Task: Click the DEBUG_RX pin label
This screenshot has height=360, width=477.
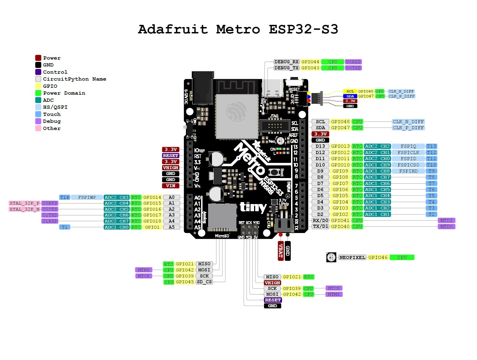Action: click(286, 62)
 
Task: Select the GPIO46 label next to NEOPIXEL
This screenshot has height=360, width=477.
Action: click(378, 257)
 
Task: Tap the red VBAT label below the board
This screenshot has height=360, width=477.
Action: click(281, 251)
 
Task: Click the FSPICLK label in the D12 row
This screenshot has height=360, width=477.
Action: click(408, 152)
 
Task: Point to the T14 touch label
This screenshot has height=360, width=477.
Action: click(65, 197)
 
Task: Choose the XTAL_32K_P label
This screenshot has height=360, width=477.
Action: click(25, 203)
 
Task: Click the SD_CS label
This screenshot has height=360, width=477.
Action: click(204, 282)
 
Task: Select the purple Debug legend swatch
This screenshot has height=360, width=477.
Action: click(38, 121)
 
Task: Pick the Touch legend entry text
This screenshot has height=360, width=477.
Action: click(52, 114)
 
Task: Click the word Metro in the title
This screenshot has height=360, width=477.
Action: click(238, 29)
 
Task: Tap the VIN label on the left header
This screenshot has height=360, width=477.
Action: click(170, 186)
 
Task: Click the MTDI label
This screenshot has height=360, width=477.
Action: click(446, 220)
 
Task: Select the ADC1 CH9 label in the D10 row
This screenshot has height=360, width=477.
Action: click(377, 165)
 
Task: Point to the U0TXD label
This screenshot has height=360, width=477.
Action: click(353, 68)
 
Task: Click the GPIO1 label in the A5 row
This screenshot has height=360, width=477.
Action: click(152, 227)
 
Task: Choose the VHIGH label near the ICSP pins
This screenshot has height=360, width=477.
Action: click(272, 283)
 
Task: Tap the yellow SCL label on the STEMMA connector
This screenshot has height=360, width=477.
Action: click(350, 91)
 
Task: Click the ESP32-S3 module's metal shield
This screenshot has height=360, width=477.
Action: click(237, 116)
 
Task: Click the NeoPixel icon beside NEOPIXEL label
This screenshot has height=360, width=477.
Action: click(331, 257)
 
